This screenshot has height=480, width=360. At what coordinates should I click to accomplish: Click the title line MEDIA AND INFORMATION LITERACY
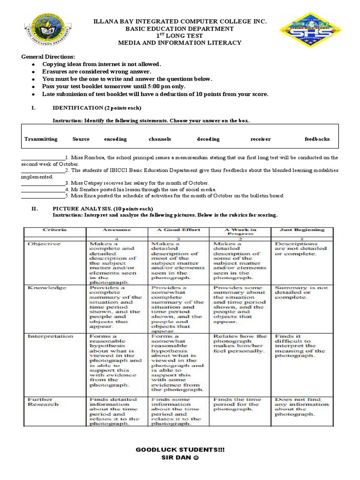180,43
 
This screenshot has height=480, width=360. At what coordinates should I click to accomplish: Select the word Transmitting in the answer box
41,139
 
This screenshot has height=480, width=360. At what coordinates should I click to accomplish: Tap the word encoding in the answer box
115,139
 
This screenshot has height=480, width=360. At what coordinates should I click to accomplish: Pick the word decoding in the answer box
208,139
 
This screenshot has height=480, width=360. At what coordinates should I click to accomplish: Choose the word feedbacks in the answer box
317,139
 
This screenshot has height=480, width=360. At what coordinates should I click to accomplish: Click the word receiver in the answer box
261,139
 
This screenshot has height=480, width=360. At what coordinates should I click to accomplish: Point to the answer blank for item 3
43,183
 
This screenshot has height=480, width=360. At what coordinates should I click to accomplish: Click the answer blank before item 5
43,196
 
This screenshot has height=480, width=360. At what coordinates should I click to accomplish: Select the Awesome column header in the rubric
117,230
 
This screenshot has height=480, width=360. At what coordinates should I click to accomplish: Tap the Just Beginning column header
301,230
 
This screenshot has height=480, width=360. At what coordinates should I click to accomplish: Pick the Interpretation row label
50,336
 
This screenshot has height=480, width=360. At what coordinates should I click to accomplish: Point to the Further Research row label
44,402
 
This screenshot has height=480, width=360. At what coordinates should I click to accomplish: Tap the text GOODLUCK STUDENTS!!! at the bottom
180,450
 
